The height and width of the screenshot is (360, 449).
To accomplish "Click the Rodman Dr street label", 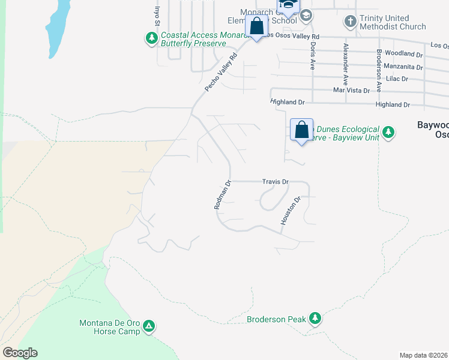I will pos(222,195).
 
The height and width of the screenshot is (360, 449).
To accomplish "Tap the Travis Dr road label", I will pos(276,181).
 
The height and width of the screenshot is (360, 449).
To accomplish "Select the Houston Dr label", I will pos(289,211).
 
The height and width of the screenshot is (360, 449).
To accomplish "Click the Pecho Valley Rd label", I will pos(221,73).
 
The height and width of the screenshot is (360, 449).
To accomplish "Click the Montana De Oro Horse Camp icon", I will pos(149,327).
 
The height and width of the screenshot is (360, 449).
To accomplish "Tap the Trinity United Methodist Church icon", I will pos(351,22).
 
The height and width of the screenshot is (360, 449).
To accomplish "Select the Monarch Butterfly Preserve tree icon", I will pos(152,39).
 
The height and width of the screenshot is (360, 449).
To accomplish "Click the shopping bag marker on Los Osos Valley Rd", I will pos(257,27).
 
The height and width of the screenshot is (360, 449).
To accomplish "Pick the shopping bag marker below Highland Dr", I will pos(301,129).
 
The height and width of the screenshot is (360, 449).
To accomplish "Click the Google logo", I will pos(20,353).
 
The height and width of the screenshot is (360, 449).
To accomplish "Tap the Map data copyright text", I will pos(423,355).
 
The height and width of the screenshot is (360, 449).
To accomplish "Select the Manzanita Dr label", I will pos(403,67).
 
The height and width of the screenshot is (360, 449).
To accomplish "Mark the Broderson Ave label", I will pos(379,70).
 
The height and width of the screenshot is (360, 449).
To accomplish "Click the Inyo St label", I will pos(158,15).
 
